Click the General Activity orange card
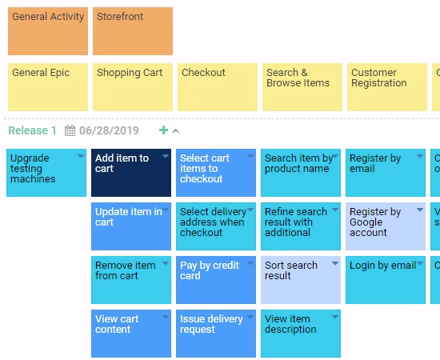48,31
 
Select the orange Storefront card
133,31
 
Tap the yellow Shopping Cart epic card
133,87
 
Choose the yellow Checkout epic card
218,87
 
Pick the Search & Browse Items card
302,87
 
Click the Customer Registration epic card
387,87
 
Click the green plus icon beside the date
163,130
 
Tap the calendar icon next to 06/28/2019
70,130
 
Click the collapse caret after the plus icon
176,130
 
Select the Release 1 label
32,130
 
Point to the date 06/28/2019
109,130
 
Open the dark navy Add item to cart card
131,173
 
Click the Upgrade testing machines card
46,173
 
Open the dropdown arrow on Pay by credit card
250,263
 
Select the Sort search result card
301,280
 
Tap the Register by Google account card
386,226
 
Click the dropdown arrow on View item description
335,317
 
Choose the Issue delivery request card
216,334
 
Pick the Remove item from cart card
131,280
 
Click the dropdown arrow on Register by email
420,156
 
